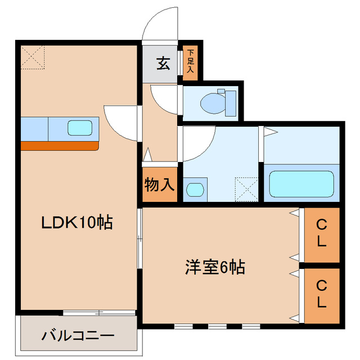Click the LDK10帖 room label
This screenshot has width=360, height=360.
pyautogui.click(x=77, y=222)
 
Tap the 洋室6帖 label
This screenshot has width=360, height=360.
pyautogui.click(x=214, y=267)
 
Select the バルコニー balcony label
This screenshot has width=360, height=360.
pyautogui.click(x=78, y=336)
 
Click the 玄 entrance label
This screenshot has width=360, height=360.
pyautogui.click(x=163, y=63)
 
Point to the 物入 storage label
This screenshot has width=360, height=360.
pyautogui.click(x=160, y=184)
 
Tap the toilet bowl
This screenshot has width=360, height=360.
pyautogui.click(x=212, y=102)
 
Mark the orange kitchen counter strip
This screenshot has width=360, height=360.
pyautogui.click(x=60, y=146)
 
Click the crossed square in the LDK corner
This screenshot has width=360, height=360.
pyautogui.click(x=33, y=57)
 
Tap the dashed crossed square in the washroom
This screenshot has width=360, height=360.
pyautogui.click(x=246, y=189)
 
